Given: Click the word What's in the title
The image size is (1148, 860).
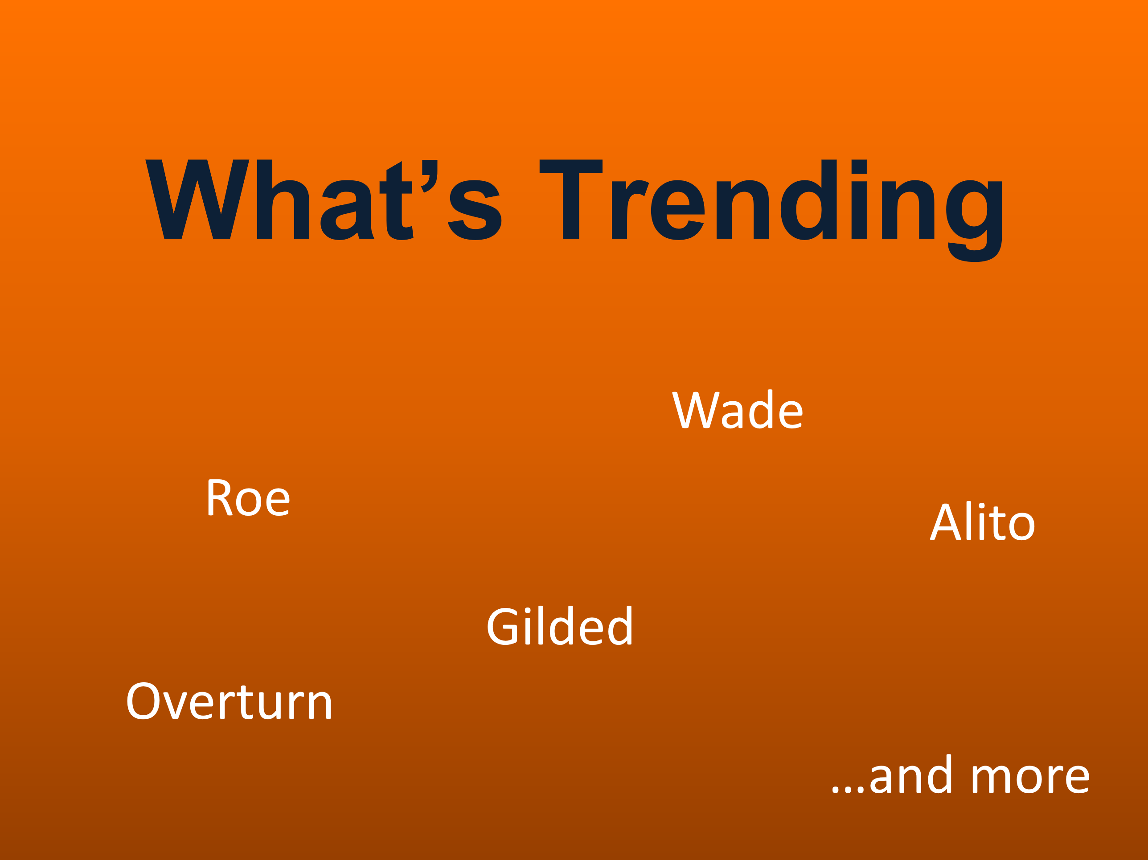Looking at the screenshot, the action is click(x=324, y=200).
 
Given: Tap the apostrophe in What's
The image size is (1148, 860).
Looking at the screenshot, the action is click(x=429, y=176).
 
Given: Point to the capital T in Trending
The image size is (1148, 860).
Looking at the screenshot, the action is click(x=571, y=199).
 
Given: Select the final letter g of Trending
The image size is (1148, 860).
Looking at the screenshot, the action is click(x=974, y=221).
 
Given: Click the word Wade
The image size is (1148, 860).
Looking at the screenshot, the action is click(x=738, y=409).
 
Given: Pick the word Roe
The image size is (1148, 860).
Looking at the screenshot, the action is click(x=249, y=497).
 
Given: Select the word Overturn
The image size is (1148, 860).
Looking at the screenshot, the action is click(x=229, y=701).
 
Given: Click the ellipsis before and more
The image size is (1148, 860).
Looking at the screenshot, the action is click(x=848, y=790).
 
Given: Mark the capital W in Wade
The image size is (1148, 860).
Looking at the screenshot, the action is click(x=696, y=410).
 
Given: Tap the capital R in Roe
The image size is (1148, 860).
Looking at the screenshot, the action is click(x=220, y=497).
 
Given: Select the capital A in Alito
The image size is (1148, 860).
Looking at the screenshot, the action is click(x=946, y=522).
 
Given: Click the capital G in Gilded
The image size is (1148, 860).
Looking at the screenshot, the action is click(x=502, y=626).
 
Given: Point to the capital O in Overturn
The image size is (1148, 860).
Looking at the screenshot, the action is click(x=143, y=701).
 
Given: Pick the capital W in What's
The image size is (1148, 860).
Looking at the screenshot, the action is click(x=197, y=199).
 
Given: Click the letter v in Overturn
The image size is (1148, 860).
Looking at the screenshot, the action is click(x=175, y=706).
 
